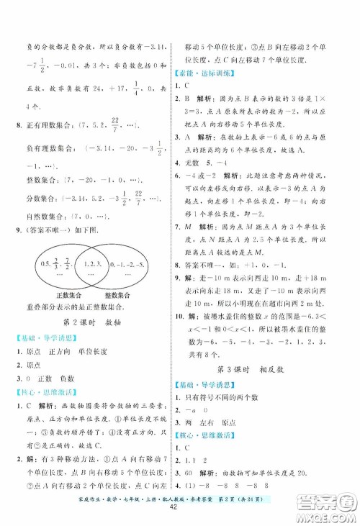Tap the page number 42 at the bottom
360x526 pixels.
pyautogui.click(x=179, y=512)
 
